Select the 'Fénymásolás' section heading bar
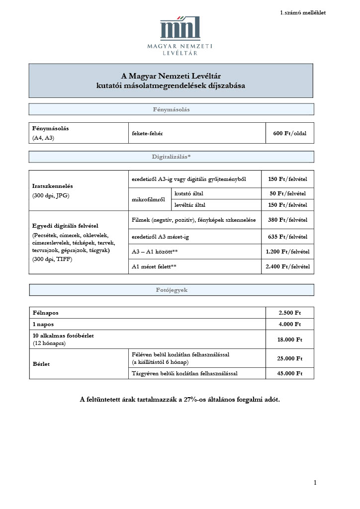[x=171, y=109]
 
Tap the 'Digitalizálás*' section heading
[x=171, y=157]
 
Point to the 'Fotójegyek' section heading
[x=171, y=290]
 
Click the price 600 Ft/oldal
[x=290, y=133]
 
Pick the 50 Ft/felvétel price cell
[x=287, y=193]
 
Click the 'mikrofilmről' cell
[x=149, y=199]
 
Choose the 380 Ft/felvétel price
[x=287, y=220]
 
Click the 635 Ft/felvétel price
[x=287, y=237]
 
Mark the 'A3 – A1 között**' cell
[x=155, y=252]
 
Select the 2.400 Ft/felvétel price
[x=287, y=266]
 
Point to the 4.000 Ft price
[x=290, y=324]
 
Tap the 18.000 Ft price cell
[x=290, y=339]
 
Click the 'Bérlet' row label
[x=41, y=364]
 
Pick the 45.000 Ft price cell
[x=290, y=373]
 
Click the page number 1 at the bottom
[x=315, y=483]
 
